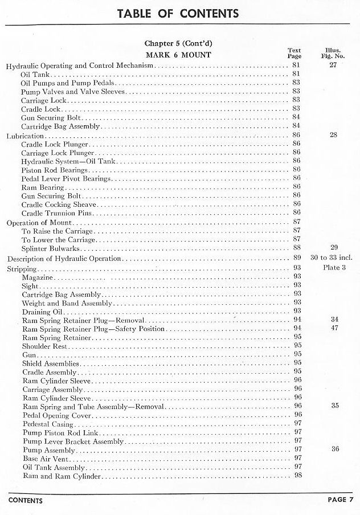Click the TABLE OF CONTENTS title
[x=178, y=13]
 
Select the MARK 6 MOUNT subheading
[x=178, y=55]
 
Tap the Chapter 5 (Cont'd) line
[x=178, y=43]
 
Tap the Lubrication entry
[x=24, y=136]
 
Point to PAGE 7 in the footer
[x=340, y=500]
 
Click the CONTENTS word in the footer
[x=25, y=500]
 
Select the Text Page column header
[x=294, y=53]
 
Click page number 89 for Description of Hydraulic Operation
[x=297, y=259]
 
